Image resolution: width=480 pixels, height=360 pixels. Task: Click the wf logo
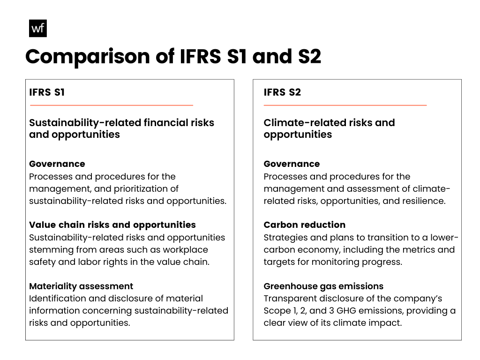[38, 29]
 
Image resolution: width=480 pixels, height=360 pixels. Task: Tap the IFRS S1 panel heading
[47, 92]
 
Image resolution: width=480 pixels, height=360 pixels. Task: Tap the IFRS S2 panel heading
[282, 92]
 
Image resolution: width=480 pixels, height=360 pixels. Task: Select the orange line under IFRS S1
[111, 105]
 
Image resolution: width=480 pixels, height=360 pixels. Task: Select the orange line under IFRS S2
[345, 105]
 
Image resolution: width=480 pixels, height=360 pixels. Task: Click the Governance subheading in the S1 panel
[57, 164]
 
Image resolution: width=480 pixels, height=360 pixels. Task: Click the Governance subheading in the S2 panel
[292, 164]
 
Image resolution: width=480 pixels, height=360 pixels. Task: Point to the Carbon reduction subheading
[304, 225]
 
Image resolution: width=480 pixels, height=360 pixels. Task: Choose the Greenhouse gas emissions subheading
[323, 286]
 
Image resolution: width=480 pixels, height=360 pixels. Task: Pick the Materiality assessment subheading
[81, 286]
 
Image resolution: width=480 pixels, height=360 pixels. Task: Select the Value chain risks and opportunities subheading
[112, 225]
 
